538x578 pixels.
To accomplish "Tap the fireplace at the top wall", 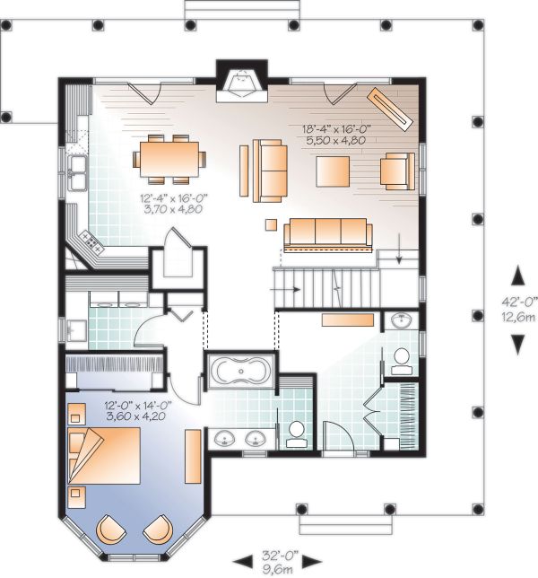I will click(x=241, y=83).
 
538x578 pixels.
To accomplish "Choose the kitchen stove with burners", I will click(x=89, y=240).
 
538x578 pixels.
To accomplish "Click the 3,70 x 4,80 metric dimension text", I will click(x=172, y=208).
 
